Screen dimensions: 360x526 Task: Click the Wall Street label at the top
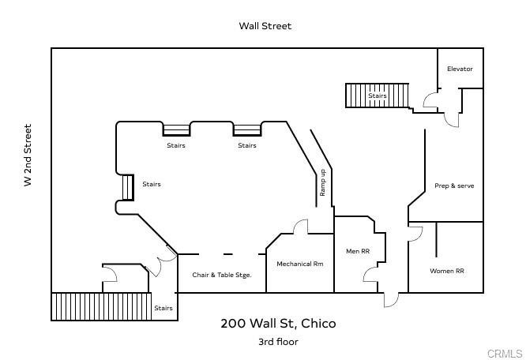(265, 26)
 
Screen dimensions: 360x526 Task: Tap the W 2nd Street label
(28, 155)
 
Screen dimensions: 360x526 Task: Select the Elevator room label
(460, 69)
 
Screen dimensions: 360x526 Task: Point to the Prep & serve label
(454, 186)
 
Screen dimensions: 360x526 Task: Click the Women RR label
(446, 271)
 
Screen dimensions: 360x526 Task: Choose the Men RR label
(358, 252)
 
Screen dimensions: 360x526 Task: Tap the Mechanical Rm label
(299, 264)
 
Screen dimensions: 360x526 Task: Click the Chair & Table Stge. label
(222, 276)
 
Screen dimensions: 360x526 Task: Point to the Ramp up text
(323, 183)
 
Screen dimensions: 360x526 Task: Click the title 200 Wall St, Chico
(278, 323)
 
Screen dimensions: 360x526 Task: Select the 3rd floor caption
(278, 342)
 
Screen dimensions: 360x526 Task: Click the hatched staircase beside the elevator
(378, 96)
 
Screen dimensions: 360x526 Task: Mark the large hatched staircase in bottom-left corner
(101, 306)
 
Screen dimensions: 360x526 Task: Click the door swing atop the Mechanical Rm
(300, 227)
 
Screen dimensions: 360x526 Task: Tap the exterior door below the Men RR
(391, 299)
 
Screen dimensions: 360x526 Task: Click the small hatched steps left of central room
(127, 187)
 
